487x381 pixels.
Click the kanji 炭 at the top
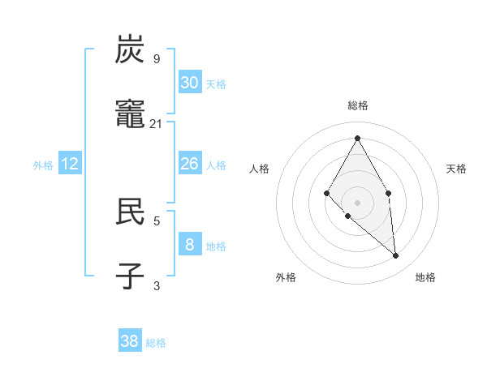[131, 50]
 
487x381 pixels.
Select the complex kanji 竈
[131, 114]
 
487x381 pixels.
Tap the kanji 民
[131, 211]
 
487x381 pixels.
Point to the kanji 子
[131, 276]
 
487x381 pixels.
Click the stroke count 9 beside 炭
[157, 58]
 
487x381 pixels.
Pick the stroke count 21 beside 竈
[157, 123]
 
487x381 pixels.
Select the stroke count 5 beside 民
[157, 220]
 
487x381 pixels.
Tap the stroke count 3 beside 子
[157, 285]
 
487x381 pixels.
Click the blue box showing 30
[190, 83]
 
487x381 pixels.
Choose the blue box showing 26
[190, 164]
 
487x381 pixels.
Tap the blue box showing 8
[190, 244]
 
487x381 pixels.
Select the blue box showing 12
[70, 164]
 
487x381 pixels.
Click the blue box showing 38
[130, 341]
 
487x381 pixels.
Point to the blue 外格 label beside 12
[43, 165]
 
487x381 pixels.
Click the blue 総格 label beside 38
[156, 343]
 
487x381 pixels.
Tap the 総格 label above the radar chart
[357, 105]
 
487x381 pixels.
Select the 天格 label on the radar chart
[456, 169]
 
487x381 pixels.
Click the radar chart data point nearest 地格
[396, 256]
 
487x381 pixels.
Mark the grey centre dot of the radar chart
[357, 202]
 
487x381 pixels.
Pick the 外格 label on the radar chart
[286, 277]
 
